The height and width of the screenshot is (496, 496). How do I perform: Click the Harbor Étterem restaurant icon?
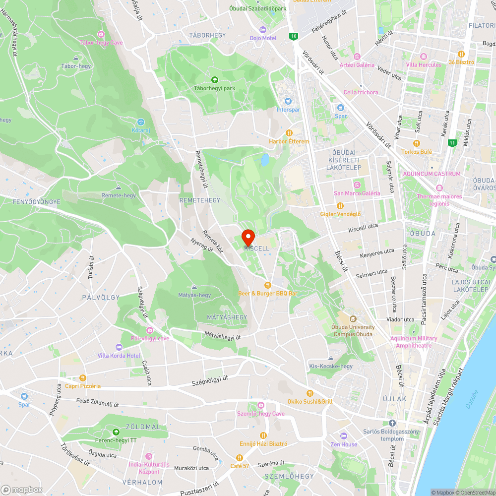point(289,133)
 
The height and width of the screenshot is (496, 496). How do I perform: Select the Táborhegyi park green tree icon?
point(215,80)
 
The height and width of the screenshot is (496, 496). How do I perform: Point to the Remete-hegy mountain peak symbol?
point(118,187)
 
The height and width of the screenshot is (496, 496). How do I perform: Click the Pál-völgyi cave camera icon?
point(150,330)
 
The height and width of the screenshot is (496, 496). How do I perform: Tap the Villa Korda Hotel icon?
point(119,347)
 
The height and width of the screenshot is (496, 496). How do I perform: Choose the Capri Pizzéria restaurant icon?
point(83,378)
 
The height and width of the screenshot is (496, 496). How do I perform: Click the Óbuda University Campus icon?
point(353,319)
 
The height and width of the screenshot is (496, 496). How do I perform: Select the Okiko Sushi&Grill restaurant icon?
point(310,393)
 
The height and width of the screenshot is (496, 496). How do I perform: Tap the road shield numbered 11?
point(452,143)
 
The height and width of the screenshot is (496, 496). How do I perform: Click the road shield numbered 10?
point(294,36)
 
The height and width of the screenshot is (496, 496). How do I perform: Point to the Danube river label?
point(472,399)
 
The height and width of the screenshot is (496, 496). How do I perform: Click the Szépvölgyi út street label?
point(210,381)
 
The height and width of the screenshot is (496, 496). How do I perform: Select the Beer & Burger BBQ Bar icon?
point(268,285)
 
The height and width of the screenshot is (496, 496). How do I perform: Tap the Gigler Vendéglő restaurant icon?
point(340,206)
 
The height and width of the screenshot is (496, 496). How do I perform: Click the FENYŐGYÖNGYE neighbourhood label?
point(36,202)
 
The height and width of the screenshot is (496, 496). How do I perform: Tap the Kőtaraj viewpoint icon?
point(141,122)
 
